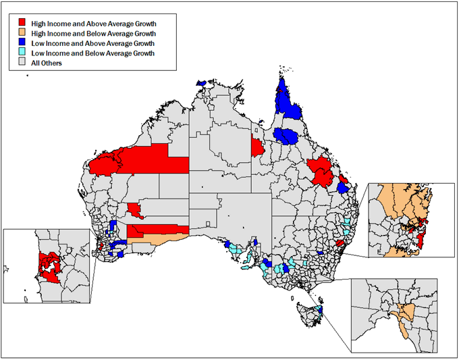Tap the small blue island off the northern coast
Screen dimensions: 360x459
(x=201, y=83)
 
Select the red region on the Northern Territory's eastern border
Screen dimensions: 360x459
(x=257, y=147)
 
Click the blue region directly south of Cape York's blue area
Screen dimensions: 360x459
(x=287, y=135)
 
